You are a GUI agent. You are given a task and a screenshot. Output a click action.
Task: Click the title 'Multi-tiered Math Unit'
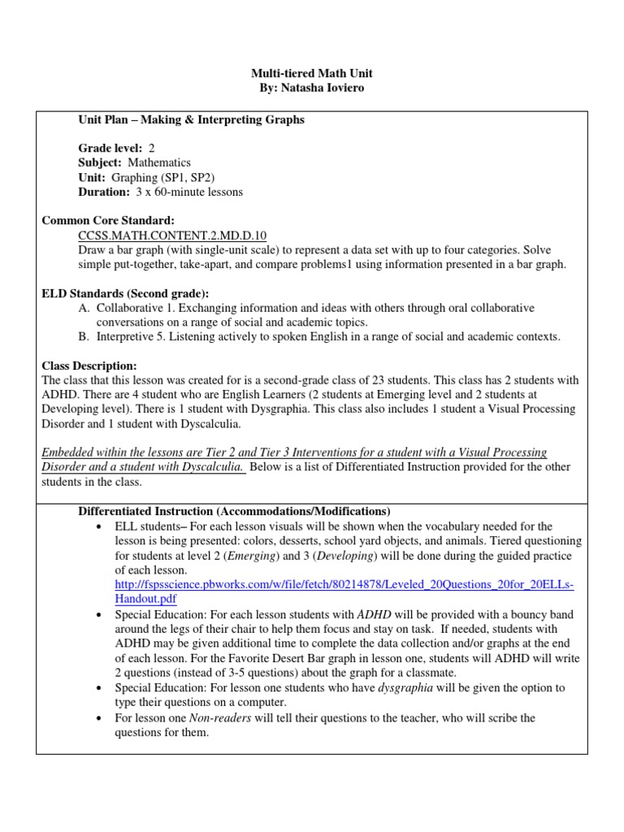312,73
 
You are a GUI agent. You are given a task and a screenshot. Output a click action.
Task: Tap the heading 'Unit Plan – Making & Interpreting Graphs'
191,119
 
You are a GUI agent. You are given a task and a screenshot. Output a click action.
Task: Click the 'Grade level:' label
110,149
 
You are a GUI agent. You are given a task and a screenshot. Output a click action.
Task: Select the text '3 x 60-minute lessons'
189,193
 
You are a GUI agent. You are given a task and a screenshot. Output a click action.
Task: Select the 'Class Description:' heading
89,366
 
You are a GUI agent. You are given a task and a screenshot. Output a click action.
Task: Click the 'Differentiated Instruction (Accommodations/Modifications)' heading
234,511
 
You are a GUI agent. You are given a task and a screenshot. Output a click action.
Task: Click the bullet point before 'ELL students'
98,526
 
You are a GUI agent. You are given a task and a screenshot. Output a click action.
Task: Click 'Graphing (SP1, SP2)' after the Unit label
174,178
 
